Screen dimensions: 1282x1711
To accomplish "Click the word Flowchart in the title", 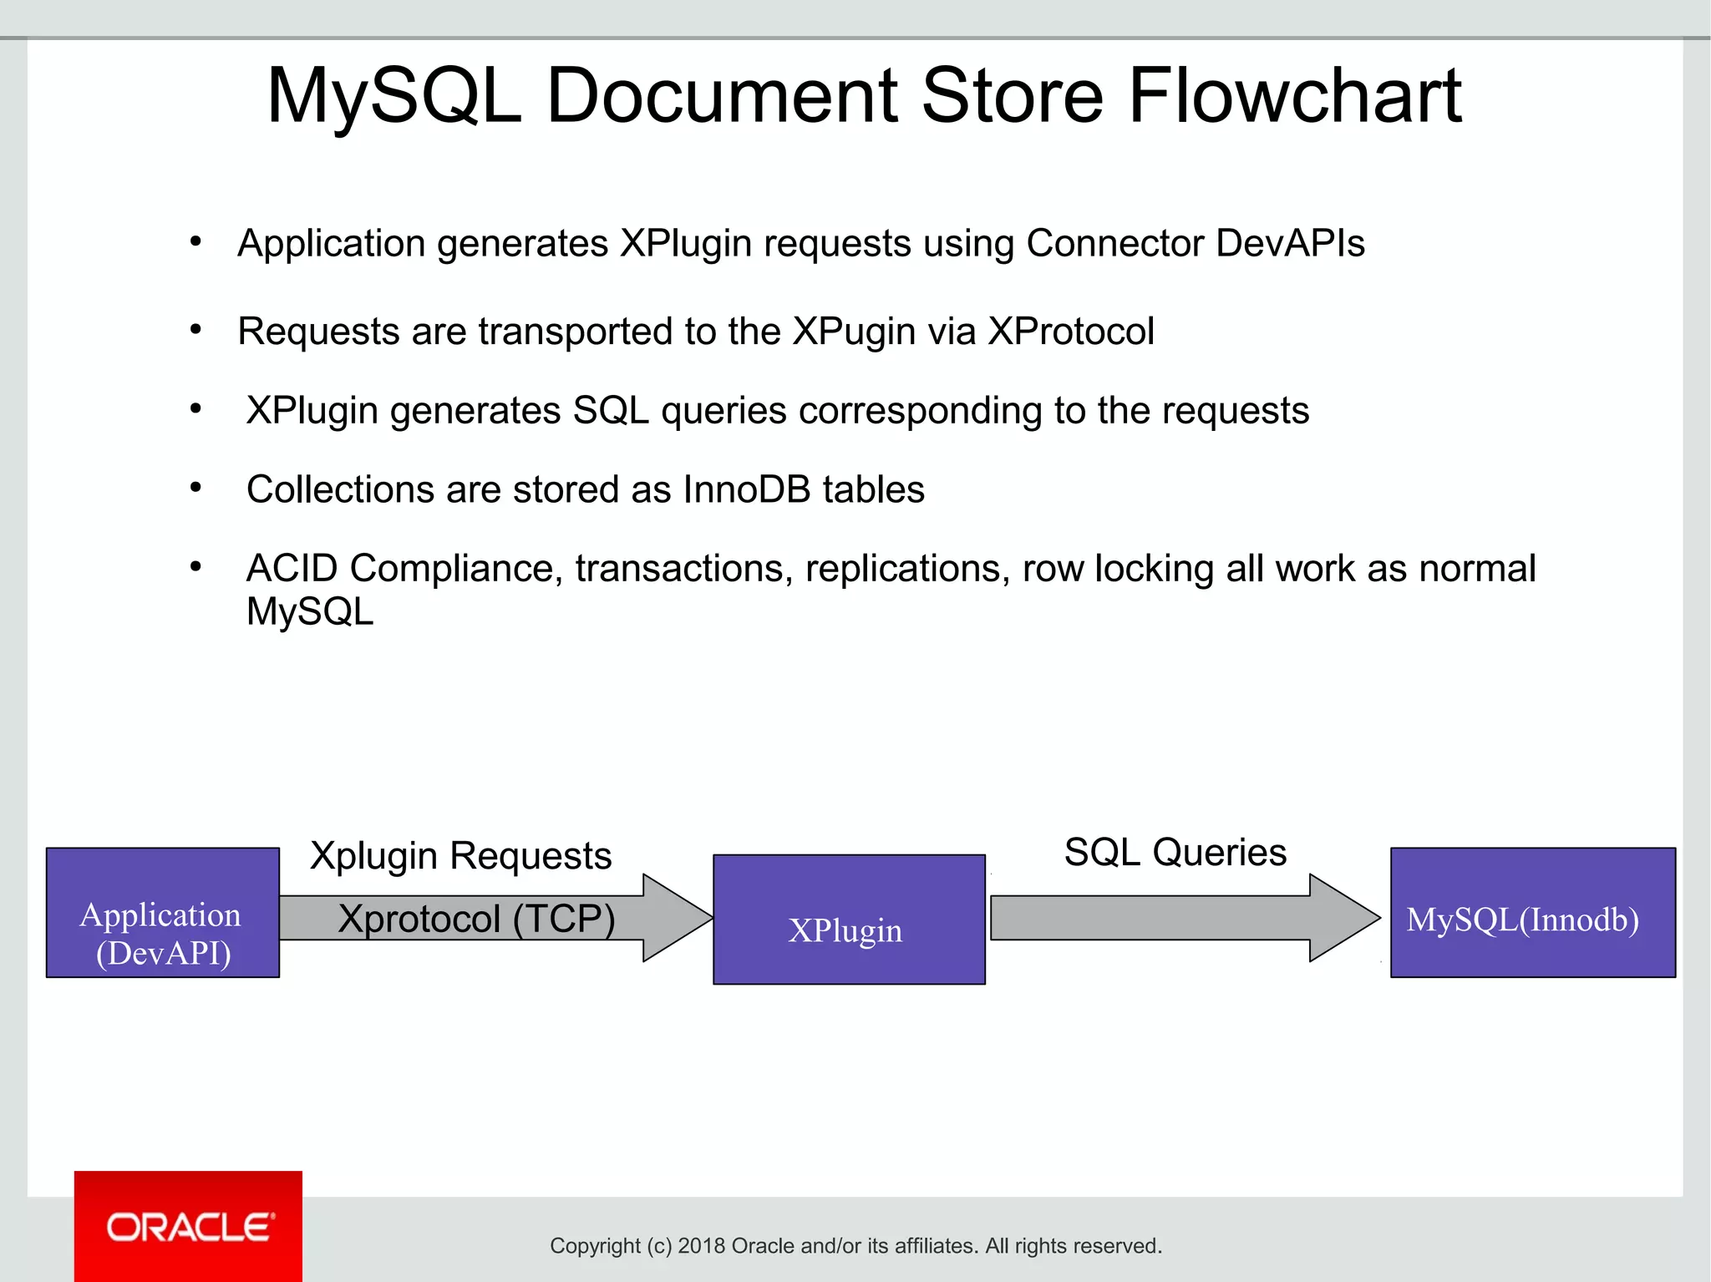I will pyautogui.click(x=1294, y=96).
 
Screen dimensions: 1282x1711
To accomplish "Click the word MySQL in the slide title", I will pyautogui.click(x=393, y=96).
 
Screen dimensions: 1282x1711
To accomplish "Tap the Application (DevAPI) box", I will pyautogui.click(x=162, y=913).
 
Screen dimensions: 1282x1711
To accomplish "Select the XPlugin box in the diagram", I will pyautogui.click(x=848, y=920).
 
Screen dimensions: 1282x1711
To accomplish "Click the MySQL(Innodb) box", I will pyautogui.click(x=1531, y=913).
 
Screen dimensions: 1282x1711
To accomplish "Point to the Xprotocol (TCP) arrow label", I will pyautogui.click(x=476, y=919).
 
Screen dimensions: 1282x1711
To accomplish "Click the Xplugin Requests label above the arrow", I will pyautogui.click(x=460, y=856).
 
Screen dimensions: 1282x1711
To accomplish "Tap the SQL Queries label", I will pyautogui.click(x=1175, y=853).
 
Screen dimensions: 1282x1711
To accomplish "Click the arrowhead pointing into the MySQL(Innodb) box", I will pyautogui.click(x=1342, y=918).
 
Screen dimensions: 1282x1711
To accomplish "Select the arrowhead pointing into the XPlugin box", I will pyautogui.click(x=675, y=918).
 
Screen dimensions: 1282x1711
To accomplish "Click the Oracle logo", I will pyautogui.click(x=189, y=1227).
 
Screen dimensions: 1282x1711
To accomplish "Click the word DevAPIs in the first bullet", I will pyautogui.click(x=1289, y=244).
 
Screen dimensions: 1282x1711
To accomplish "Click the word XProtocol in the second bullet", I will pyautogui.click(x=1070, y=332).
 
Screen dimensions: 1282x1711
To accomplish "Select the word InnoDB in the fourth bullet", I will pyautogui.click(x=746, y=489).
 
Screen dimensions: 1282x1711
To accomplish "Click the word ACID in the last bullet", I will pyautogui.click(x=292, y=569).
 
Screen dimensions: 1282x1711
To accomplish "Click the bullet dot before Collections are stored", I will pyautogui.click(x=195, y=488).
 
